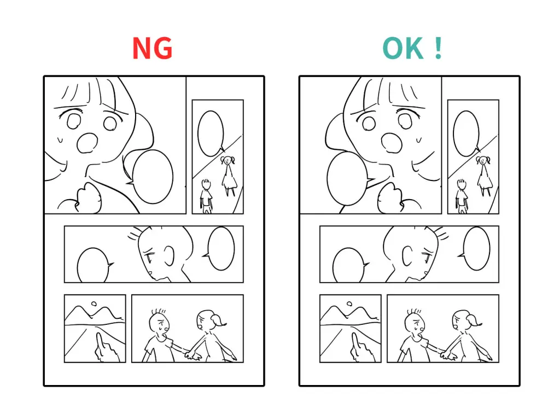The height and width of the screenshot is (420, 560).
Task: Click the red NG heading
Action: coord(152,48)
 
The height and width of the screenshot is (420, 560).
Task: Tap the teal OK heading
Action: coord(412,48)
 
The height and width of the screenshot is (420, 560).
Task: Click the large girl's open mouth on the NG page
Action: coord(87,143)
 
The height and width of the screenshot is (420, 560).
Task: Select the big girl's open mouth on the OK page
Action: coord(392,143)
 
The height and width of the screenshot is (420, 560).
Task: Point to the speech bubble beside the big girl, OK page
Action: coord(347,179)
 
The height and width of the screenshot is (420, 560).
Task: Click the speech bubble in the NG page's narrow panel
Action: coord(211,133)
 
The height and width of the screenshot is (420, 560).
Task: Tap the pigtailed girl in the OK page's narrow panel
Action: coord(484,176)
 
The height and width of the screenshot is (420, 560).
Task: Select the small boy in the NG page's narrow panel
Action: coord(206,196)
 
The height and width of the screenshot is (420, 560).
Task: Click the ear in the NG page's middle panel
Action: coord(170,256)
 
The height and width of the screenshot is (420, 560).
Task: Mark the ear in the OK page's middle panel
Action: coord(407,256)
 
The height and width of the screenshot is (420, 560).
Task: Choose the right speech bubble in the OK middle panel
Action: coord(476,249)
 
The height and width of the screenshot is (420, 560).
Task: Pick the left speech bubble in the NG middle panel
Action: coord(94,265)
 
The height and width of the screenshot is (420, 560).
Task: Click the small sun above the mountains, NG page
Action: coord(94,304)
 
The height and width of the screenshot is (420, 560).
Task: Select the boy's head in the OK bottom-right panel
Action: coord(415,323)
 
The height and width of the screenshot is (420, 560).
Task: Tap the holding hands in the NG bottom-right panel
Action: coord(192,354)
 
